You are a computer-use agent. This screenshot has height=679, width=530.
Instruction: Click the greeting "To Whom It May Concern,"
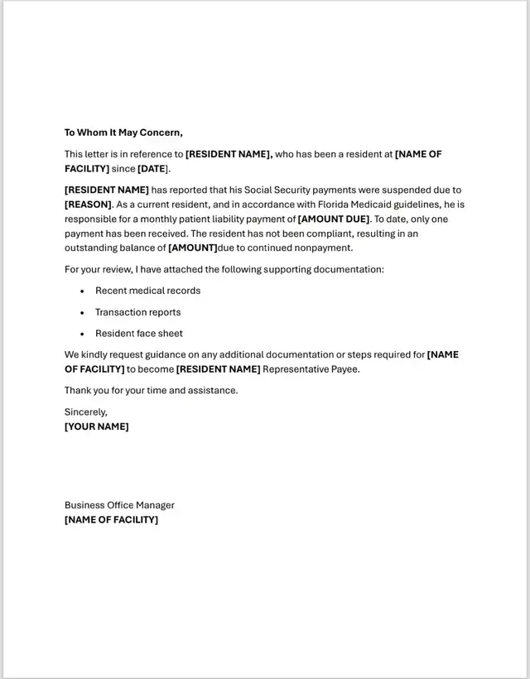click(123, 132)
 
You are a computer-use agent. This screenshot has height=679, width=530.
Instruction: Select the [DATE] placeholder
click(152, 169)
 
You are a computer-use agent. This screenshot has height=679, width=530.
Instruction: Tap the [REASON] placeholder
click(88, 205)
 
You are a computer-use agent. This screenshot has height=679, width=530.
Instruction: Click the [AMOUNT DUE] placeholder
click(334, 219)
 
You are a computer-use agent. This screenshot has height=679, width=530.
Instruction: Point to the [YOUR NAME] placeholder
click(97, 426)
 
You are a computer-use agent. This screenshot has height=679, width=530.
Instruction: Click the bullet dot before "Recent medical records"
click(83, 291)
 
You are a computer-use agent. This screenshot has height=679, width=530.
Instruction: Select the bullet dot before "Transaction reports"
click(83, 313)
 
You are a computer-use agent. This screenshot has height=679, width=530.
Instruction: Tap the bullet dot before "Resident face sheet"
click(83, 335)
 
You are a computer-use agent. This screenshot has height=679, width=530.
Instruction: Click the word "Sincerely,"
click(86, 412)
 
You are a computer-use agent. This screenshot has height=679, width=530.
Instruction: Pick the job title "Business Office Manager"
click(119, 505)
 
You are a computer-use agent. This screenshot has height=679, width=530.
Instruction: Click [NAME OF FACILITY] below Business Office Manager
click(111, 520)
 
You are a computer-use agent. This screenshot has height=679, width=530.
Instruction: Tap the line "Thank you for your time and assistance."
click(151, 391)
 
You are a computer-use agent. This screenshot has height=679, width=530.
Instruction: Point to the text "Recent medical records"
click(147, 291)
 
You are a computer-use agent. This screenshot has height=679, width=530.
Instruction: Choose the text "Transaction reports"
click(137, 312)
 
